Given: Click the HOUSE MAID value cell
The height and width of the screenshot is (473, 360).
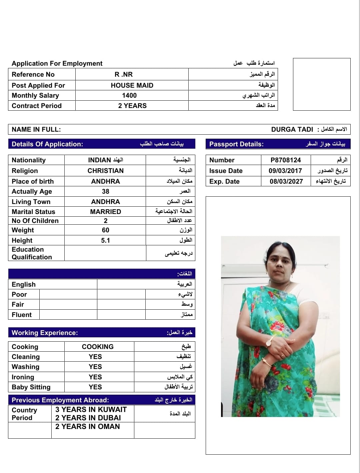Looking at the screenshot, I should pyautogui.click(x=132, y=85).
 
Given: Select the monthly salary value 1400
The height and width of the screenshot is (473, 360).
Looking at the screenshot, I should pyautogui.click(x=129, y=96).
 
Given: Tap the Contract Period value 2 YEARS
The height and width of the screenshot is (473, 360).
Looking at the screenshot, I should pyautogui.click(x=132, y=106).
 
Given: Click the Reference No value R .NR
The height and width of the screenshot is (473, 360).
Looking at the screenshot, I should pyautogui.click(x=124, y=74).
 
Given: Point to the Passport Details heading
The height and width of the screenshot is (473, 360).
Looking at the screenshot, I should pyautogui.click(x=236, y=144).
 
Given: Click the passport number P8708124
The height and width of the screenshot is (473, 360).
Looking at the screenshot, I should pyautogui.click(x=286, y=160).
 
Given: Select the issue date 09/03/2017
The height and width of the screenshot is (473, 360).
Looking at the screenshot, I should pyautogui.click(x=285, y=171).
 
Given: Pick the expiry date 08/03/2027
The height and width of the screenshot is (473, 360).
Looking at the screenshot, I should pyautogui.click(x=286, y=181).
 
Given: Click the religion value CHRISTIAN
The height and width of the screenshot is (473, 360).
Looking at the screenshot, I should pyautogui.click(x=105, y=171).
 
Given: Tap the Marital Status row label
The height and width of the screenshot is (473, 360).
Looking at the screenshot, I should pyautogui.click(x=33, y=212).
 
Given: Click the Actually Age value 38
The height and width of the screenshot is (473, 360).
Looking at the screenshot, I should pyautogui.click(x=105, y=191).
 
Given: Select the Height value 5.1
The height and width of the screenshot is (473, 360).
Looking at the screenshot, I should pyautogui.click(x=105, y=240).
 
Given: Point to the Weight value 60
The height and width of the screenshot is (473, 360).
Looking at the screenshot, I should pyautogui.click(x=105, y=230).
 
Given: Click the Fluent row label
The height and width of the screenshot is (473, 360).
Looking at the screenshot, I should pyautogui.click(x=22, y=315).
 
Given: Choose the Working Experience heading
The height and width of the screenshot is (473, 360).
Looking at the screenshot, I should pyautogui.click(x=45, y=333).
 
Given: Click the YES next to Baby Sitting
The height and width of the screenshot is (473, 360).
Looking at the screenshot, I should pyautogui.click(x=95, y=387).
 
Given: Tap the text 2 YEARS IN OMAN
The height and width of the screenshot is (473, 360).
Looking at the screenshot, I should pyautogui.click(x=87, y=426).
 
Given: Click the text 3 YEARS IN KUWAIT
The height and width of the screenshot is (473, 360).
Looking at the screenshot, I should pyautogui.click(x=91, y=409).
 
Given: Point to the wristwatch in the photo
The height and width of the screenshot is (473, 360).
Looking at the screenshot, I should pyautogui.click(x=268, y=341).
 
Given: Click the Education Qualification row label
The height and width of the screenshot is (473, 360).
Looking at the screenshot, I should pyautogui.click(x=32, y=253).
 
